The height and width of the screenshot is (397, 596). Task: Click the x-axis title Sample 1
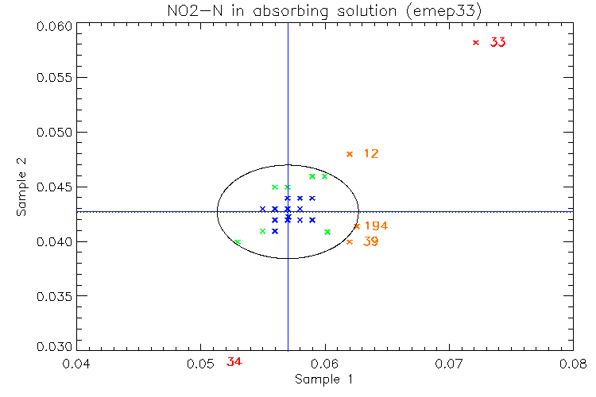[323, 380]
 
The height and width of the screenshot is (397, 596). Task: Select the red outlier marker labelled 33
[476, 43]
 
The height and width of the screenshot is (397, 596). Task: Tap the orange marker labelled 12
[349, 154]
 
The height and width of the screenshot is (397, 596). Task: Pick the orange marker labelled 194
[356, 226]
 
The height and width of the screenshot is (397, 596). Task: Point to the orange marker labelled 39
[350, 241]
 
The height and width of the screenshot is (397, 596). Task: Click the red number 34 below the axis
[234, 362]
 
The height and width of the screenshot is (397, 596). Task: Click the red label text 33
[498, 43]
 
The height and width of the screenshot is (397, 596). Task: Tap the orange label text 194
[376, 226]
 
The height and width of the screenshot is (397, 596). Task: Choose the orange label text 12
[371, 154]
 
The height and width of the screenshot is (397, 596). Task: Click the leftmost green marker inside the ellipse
[238, 241]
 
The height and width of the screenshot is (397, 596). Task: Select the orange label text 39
[371, 241]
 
